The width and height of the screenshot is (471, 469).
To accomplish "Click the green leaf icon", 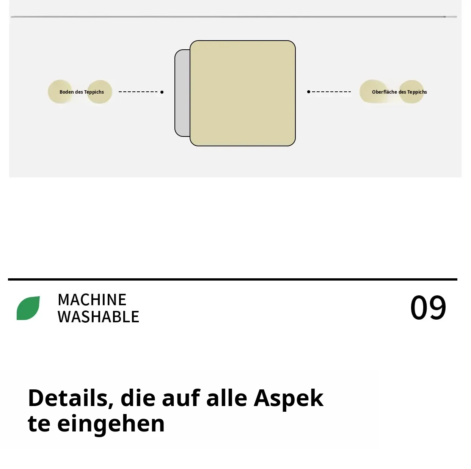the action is pos(28,308).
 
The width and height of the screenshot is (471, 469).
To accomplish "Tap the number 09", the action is pos(428,307).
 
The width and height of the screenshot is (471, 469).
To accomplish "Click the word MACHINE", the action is pos(92,300).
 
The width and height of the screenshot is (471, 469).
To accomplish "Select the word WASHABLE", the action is pos(99,317).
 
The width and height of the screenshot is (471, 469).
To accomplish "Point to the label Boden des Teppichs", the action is pos(82,92).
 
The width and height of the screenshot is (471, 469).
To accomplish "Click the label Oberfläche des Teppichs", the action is pos(399,92).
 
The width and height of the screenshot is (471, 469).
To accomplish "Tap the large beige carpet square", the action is pos(242,93).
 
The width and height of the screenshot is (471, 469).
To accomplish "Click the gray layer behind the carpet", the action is pos(182,93).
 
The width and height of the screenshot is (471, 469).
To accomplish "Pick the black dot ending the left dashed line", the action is pos(162,92).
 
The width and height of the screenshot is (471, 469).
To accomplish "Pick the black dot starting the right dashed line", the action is pos(308,92).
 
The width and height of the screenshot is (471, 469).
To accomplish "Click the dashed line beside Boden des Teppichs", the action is pos(138,92).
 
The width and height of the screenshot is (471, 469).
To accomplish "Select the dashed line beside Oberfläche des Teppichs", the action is pos(331,92).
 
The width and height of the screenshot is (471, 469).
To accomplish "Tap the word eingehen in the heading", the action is pos(111,424).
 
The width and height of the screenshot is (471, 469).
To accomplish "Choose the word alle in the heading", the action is pos(226,398).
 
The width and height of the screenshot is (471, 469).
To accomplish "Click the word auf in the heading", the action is pos(181,398).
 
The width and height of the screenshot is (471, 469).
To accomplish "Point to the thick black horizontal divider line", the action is pos(232,279).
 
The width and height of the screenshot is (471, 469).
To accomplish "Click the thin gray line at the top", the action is pos(234,17).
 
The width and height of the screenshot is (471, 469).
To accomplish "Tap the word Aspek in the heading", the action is pos(289,400).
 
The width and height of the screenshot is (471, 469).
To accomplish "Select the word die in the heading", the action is pos(138,398).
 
